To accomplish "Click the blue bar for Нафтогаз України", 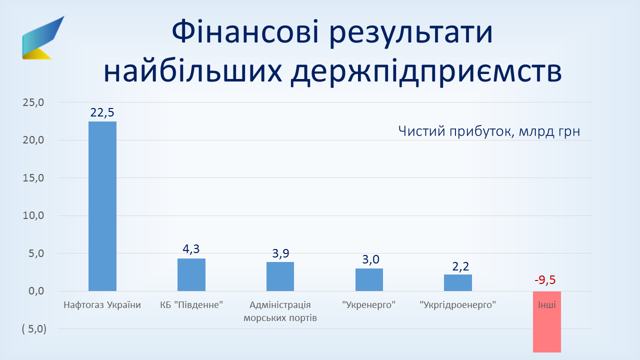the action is tap(102, 206).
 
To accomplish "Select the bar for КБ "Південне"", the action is tap(191, 275).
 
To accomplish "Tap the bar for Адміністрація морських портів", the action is tap(280, 276).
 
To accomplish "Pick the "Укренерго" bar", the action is tap(369, 279).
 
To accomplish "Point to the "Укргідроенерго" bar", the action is tap(458, 283).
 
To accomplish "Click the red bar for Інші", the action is tap(547, 321).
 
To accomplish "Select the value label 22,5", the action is tap(102, 112).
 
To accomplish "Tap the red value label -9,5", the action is tap(545, 280).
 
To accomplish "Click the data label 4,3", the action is tap(191, 249).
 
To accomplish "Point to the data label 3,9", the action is tap(280, 253).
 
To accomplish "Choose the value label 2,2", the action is tap(460, 266).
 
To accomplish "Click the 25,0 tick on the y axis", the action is tap(33, 102).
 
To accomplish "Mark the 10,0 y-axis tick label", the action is tap(33, 215).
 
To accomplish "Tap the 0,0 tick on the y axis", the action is tap(36, 291).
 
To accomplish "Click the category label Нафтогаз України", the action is tap(102, 305).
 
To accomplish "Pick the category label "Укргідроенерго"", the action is tap(457, 305).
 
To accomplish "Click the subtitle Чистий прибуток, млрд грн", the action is tap(489, 131).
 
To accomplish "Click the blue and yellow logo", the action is tap(43, 37).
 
